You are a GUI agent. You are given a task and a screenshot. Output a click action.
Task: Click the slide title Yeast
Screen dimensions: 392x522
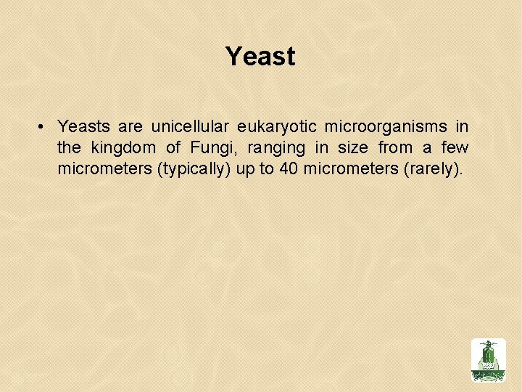click(260, 57)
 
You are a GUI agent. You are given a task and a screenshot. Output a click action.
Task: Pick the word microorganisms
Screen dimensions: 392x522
click(386, 127)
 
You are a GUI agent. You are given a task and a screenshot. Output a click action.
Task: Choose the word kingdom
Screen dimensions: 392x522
click(124, 148)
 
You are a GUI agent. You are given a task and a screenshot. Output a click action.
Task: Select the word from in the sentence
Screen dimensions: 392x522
click(395, 148)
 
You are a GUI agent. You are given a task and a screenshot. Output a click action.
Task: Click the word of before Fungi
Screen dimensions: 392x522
click(173, 148)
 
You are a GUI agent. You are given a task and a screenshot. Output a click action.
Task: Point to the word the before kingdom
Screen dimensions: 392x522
click(69, 148)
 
